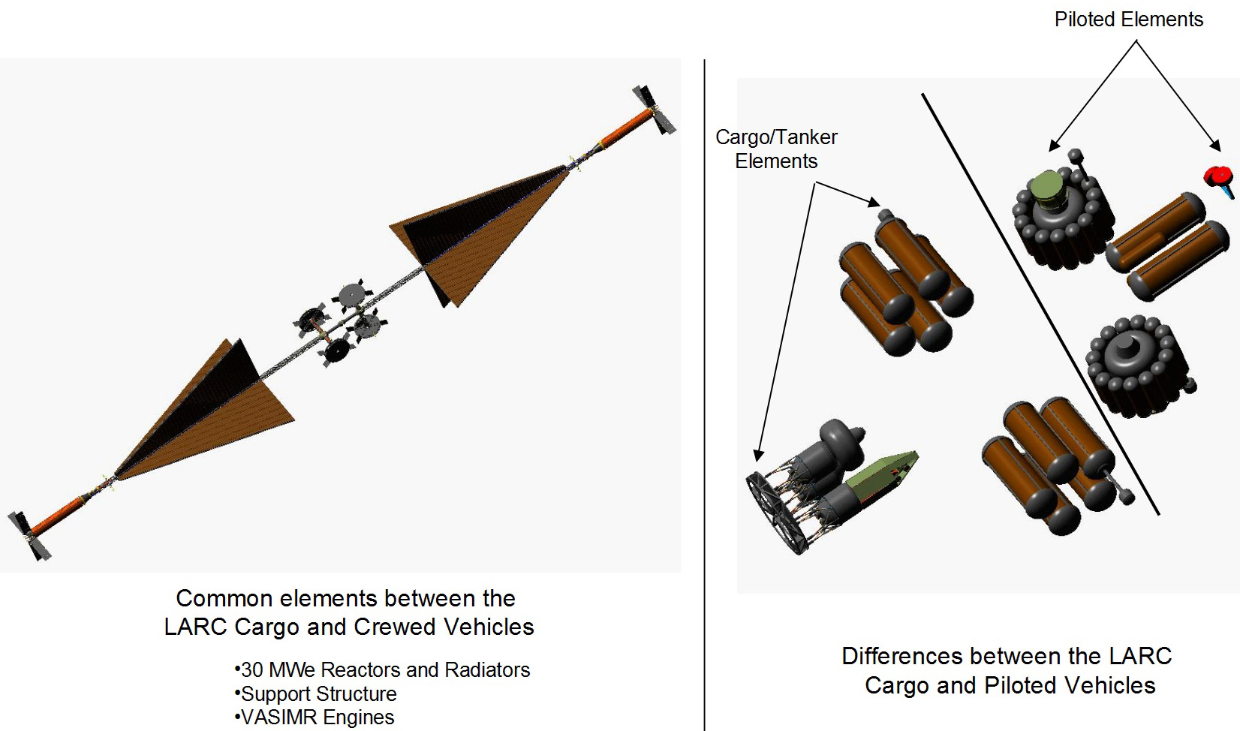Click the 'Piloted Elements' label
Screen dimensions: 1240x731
(1128, 20)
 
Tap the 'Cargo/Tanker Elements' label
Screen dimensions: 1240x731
(776, 149)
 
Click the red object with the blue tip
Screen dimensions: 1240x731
(1220, 181)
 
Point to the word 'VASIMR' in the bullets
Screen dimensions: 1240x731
(278, 717)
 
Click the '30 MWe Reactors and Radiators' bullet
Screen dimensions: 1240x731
(382, 669)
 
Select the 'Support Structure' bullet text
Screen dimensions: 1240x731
(315, 694)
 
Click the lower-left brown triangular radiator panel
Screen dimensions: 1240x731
(205, 410)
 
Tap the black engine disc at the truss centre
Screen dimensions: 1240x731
(337, 350)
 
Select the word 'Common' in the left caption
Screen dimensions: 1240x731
(224, 599)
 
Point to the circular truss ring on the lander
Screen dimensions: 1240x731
(772, 512)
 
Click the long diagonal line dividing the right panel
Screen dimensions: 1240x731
(1040, 305)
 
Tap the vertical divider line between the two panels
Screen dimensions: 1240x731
(704, 395)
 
